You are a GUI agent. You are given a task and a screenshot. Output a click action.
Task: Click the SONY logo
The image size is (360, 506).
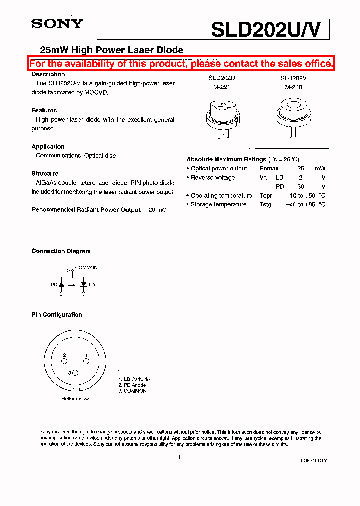57,23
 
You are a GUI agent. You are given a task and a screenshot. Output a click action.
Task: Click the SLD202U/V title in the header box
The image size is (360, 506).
270,29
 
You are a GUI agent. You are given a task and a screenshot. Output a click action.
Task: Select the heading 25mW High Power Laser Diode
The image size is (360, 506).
111,50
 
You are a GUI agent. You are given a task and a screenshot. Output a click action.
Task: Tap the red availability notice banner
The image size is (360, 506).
181,64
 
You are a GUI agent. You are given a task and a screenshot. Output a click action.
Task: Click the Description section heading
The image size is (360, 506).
48,74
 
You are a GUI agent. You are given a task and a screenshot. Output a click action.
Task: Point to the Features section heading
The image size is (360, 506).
44,110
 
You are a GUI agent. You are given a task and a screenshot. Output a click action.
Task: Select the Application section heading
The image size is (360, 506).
48,147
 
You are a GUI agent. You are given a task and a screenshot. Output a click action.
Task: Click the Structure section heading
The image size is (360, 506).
45,174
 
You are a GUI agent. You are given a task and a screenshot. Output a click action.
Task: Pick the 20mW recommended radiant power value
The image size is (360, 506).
157,210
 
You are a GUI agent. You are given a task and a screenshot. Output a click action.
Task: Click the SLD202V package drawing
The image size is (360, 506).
293,115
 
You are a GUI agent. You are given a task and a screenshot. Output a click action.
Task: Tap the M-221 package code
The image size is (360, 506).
219,87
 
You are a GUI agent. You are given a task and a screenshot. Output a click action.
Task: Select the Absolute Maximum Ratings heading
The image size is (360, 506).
226,159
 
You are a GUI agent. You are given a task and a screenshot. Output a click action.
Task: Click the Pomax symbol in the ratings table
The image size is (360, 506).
269,169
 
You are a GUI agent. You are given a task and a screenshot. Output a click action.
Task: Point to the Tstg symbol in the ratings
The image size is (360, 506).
265,205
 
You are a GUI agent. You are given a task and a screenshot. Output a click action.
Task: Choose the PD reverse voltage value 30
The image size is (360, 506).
301,187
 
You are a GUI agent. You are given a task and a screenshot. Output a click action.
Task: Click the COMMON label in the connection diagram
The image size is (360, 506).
86,268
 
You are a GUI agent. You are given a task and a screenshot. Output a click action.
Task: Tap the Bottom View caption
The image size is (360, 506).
75,399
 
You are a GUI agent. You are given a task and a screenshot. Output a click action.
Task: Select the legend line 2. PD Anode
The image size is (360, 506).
132,385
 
